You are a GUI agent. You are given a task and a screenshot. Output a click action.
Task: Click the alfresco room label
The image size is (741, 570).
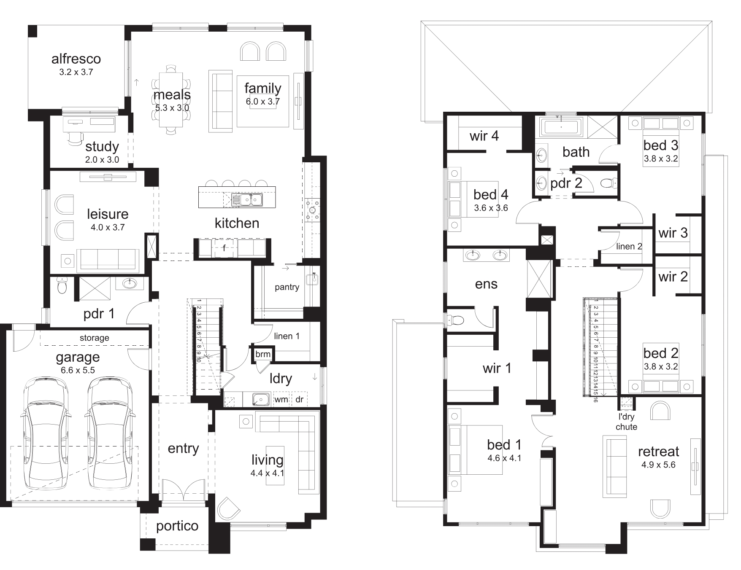pyautogui.click(x=76, y=59)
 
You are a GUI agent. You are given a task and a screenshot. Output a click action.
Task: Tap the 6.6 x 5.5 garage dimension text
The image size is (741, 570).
pyautogui.click(x=78, y=370)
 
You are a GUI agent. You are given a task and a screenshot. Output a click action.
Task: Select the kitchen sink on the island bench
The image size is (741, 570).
pyautogui.click(x=247, y=199)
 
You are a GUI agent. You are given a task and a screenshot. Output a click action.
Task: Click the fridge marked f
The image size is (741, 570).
pyautogui.click(x=224, y=248)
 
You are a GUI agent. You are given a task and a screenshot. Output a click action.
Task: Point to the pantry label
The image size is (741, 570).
pyautogui.click(x=287, y=287)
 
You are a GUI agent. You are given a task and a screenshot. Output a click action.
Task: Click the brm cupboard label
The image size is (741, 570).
pyautogui.click(x=263, y=354)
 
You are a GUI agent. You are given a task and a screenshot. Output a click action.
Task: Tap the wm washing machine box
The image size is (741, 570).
pyautogui.click(x=281, y=399)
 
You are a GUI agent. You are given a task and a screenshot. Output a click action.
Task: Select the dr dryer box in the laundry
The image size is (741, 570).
pyautogui.click(x=299, y=399)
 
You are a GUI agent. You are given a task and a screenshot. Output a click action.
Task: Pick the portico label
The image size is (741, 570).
pyautogui.click(x=177, y=526)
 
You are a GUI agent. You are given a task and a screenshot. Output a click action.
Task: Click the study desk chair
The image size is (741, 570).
pyautogui.click(x=75, y=137)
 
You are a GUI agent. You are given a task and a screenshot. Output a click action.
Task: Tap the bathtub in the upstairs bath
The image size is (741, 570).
pyautogui.click(x=561, y=126)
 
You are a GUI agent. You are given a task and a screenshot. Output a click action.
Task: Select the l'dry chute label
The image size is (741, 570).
pyautogui.click(x=626, y=422)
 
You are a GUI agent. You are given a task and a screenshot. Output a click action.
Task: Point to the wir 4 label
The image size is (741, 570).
pyautogui.click(x=484, y=136)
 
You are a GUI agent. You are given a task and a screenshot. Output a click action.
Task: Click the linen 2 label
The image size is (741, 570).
pyautogui.click(x=629, y=247)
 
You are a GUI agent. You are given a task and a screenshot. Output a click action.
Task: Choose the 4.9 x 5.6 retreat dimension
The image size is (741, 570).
pyautogui.click(x=658, y=465)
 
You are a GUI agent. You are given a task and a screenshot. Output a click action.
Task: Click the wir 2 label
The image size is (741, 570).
pyautogui.click(x=673, y=277)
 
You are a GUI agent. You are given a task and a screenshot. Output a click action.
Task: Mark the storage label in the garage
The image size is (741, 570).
pyautogui.click(x=95, y=338)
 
